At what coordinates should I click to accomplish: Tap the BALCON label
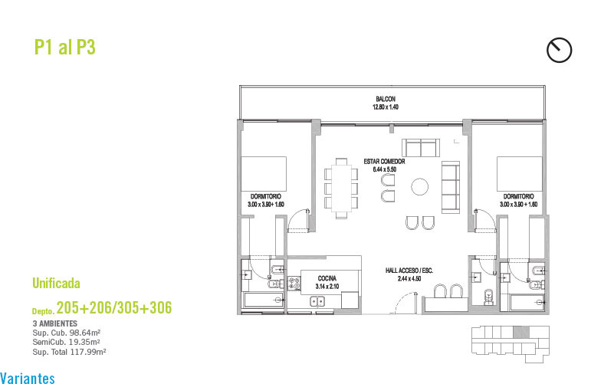pos(386,99)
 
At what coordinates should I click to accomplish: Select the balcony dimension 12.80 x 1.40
pos(386,107)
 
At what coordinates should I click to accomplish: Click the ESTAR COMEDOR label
pos(384,161)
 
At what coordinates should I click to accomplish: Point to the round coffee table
pos(419,187)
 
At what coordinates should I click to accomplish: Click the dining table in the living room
pos(341,189)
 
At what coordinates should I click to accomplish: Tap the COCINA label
pos(327,278)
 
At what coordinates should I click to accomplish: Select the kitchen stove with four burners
pos(294,283)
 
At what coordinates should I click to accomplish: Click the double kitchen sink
pos(317,301)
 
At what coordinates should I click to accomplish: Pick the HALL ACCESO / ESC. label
pos(409,271)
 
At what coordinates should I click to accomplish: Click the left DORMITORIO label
pos(266,196)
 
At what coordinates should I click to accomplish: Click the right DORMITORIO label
pos(518,196)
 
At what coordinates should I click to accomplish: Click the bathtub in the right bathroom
pos(527,303)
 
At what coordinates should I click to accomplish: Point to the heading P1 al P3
pos(65,47)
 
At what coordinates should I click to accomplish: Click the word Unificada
pos(56,283)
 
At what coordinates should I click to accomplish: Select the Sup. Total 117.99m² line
pos(69,352)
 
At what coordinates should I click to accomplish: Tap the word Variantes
pos(28,378)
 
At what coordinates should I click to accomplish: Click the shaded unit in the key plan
pos(520,333)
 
